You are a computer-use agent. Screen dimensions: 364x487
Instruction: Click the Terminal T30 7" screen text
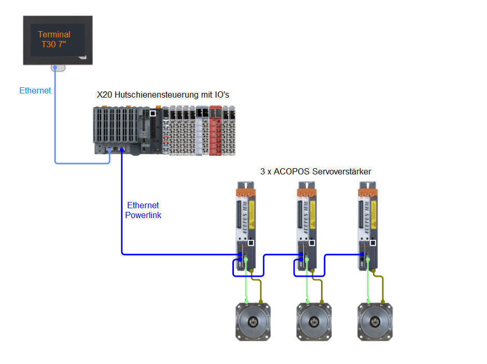(x=54, y=39)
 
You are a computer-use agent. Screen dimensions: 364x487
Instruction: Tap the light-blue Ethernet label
(x=35, y=90)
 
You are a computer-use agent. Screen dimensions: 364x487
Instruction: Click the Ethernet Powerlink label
(x=143, y=210)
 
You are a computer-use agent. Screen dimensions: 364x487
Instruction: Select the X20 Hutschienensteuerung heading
(x=163, y=95)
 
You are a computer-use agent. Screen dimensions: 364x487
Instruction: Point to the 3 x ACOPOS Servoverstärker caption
(x=315, y=171)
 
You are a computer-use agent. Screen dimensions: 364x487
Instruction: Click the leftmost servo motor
(x=253, y=321)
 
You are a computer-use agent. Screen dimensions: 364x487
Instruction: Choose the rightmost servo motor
(x=375, y=321)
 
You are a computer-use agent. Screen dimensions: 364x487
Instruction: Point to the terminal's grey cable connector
(x=58, y=68)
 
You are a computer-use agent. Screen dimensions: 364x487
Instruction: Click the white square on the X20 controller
(x=152, y=113)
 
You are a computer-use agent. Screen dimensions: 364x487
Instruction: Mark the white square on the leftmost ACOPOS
(x=251, y=242)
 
